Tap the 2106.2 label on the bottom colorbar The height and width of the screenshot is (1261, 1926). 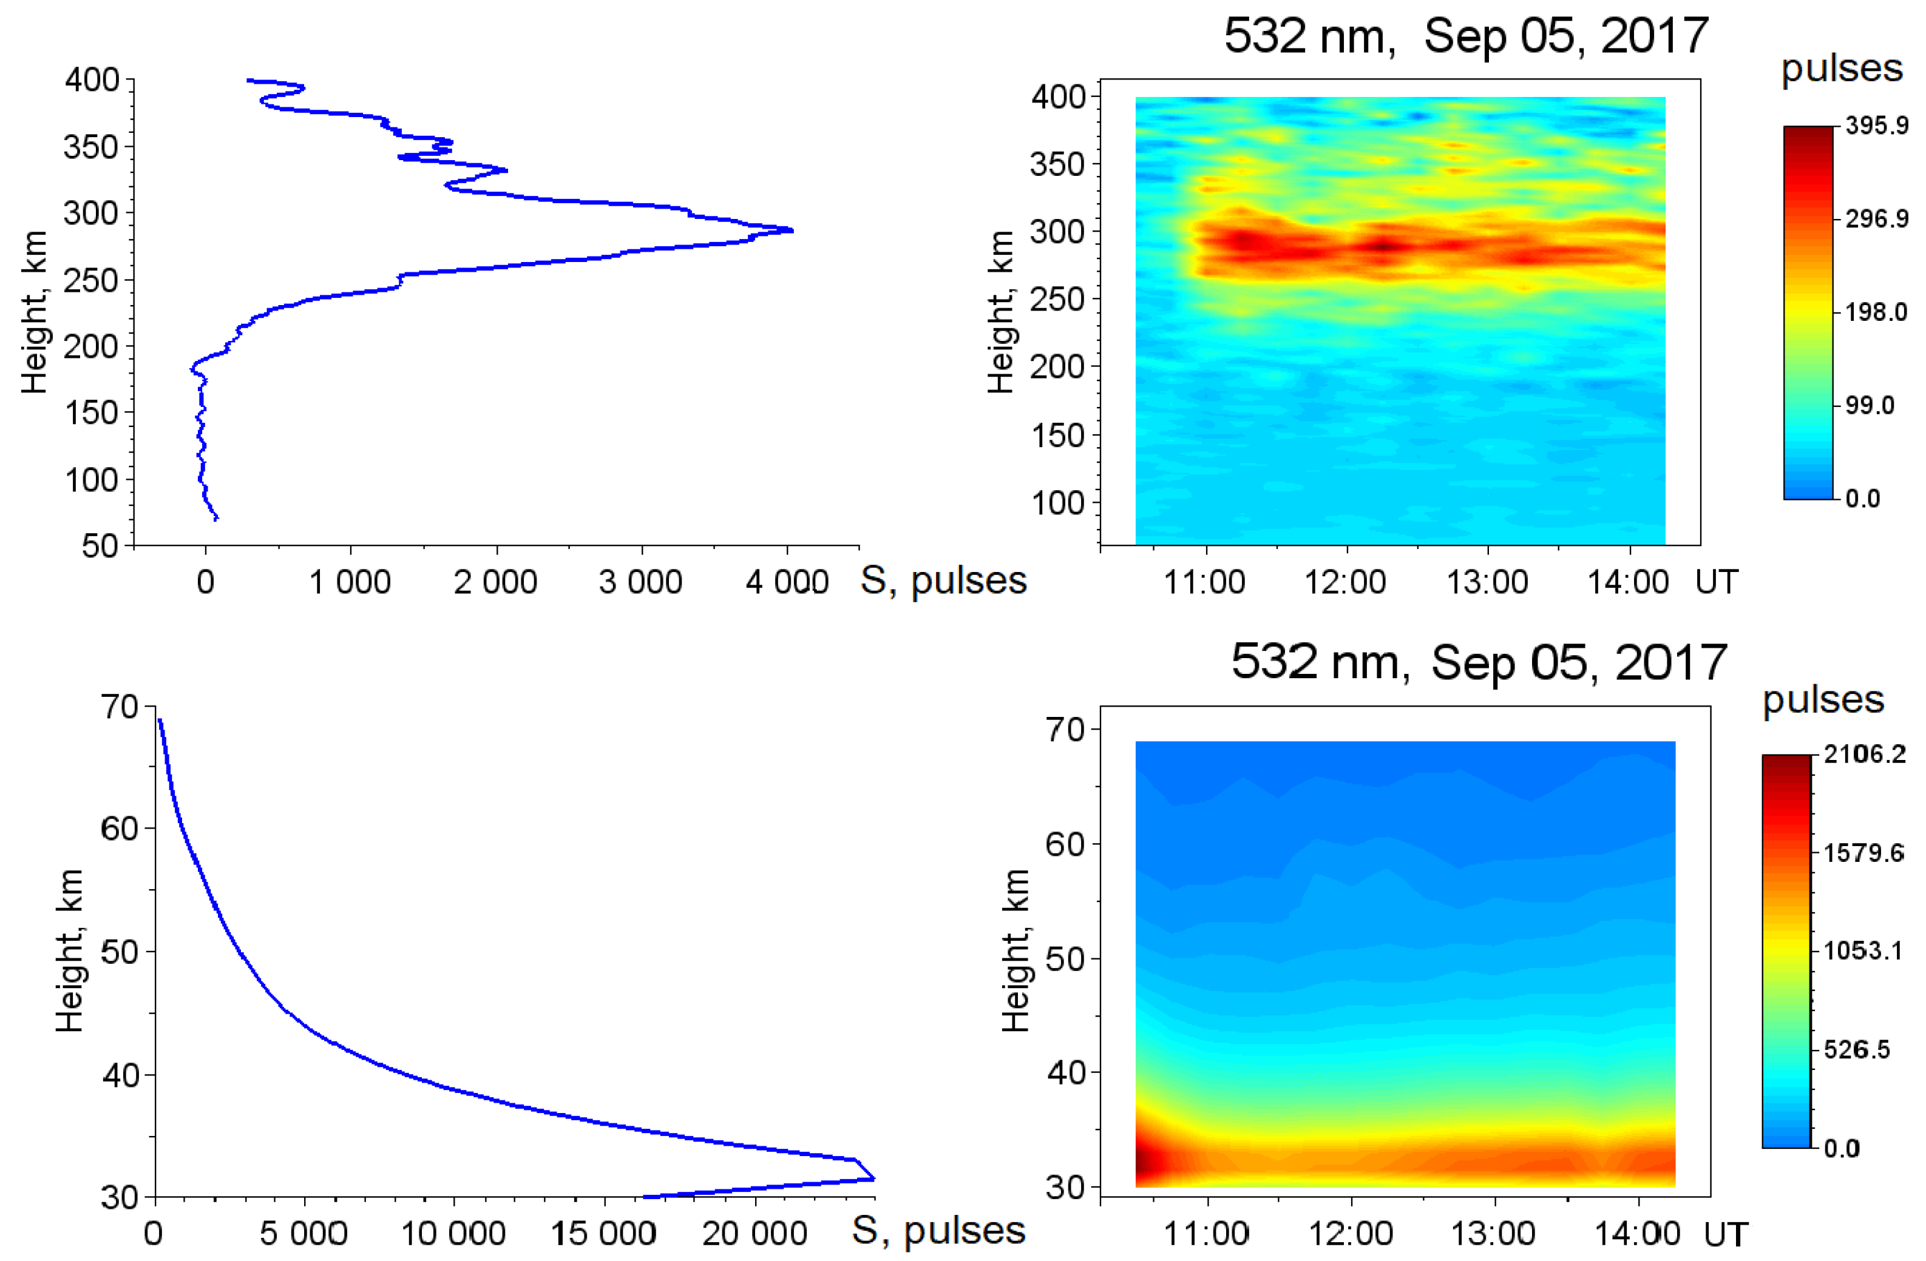(1865, 754)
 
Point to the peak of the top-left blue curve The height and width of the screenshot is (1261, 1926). (792, 231)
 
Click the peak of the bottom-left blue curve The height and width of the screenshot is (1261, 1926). (873, 1179)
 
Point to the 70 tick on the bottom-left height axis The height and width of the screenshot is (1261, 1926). (120, 707)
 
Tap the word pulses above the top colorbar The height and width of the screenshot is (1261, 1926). (1841, 68)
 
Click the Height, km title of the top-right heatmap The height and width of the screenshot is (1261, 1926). (1002, 311)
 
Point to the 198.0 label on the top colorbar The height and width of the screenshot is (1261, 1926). (1876, 312)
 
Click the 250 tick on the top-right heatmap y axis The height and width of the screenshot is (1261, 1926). (1057, 298)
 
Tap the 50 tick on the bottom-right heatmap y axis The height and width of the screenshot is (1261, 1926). (1065, 958)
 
